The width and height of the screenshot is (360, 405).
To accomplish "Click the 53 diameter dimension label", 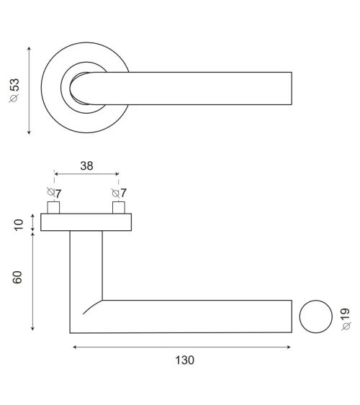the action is (x=14, y=91).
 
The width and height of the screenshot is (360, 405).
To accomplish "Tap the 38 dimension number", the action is (x=86, y=166).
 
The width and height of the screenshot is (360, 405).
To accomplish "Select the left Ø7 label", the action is (x=54, y=193).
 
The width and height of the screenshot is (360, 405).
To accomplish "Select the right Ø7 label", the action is (x=119, y=193).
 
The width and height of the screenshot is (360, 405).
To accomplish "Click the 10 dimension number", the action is (x=19, y=225).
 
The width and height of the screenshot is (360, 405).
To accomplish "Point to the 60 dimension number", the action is (x=17, y=278).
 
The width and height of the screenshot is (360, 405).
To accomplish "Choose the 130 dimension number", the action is (x=184, y=360).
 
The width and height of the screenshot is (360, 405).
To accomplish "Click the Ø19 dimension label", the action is (x=346, y=319).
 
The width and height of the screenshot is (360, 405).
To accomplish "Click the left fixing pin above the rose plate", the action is (x=53, y=207).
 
